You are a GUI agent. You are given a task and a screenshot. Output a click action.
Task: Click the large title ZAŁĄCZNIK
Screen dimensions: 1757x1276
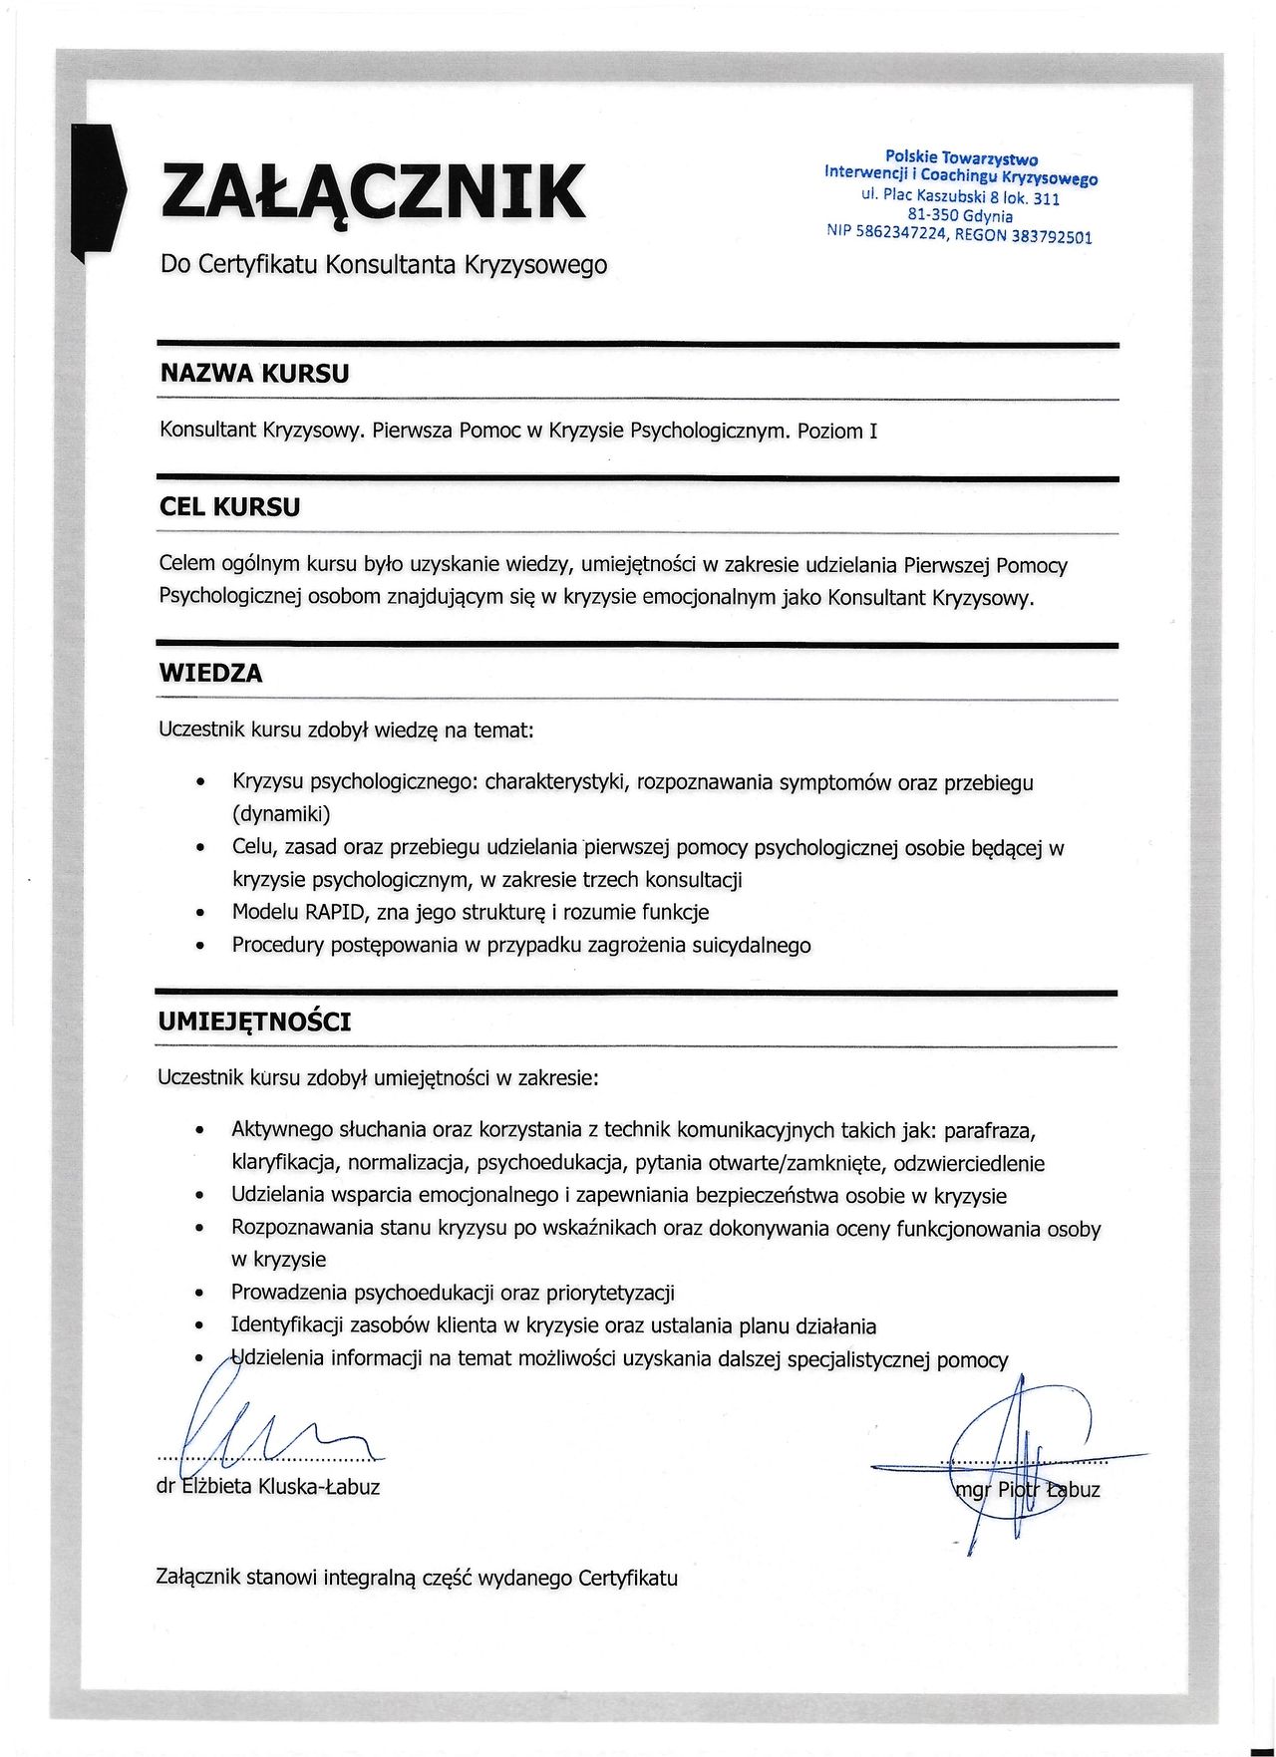coord(373,191)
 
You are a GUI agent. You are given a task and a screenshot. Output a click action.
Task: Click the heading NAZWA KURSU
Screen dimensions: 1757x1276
coord(254,374)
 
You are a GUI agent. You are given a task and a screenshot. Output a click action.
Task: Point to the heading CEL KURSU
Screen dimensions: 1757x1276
coord(229,507)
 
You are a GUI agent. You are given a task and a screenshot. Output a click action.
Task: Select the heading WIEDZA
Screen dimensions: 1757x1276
coord(211,674)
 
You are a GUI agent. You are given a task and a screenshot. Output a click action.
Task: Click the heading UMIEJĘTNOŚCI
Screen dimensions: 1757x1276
coord(254,1023)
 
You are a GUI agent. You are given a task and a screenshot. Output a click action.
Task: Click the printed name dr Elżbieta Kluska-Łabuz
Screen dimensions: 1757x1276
coord(268,1487)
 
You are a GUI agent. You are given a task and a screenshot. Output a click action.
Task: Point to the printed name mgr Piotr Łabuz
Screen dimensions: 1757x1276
coord(1027,1490)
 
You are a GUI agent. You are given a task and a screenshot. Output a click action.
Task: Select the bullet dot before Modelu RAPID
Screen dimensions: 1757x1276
coord(201,913)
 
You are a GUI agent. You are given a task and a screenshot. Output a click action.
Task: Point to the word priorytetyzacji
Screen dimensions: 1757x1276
coord(610,1293)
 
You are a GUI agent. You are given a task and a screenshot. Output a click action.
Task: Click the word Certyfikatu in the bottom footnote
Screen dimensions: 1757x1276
coord(627,1578)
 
